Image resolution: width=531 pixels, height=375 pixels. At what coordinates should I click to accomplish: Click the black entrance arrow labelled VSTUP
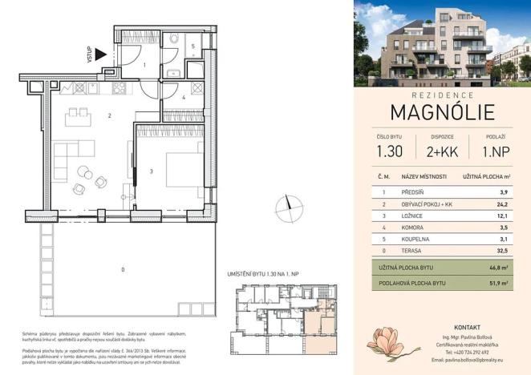tap(99, 54)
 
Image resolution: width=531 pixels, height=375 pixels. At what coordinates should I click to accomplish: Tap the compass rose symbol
tap(285, 210)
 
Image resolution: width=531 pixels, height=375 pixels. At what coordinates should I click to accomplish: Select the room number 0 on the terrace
tap(121, 268)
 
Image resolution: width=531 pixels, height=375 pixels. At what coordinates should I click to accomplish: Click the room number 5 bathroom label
tap(193, 46)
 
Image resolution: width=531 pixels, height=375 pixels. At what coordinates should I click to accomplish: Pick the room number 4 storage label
tap(183, 98)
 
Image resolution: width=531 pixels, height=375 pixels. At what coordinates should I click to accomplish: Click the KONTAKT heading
tap(466, 328)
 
